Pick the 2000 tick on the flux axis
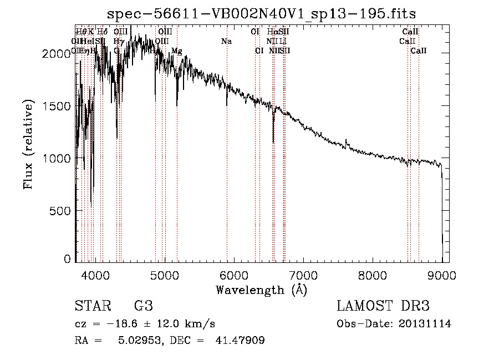pyautogui.click(x=57, y=54)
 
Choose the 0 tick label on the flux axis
pyautogui.click(x=67, y=259)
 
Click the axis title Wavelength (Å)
pyautogui.click(x=261, y=290)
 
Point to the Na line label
pyautogui.click(x=226, y=41)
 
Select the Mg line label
pyautogui.click(x=176, y=51)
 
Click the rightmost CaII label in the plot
pyautogui.click(x=419, y=51)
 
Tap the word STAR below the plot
pyautogui.click(x=91, y=306)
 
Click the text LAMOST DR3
pyautogui.click(x=383, y=306)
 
